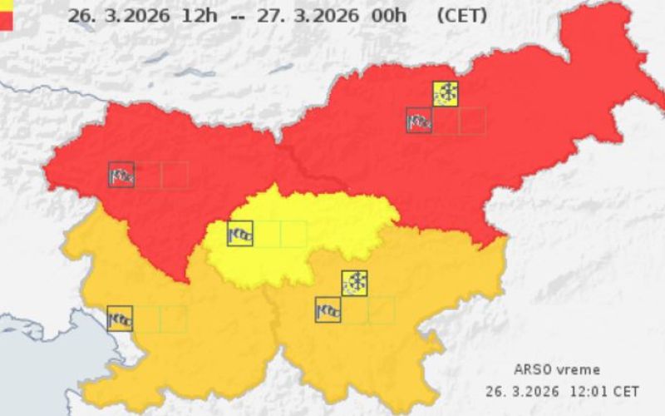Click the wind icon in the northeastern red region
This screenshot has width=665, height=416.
pos(419,121)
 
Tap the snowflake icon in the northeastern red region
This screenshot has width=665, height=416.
pos(446,93)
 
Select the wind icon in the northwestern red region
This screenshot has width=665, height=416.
pos(121,175)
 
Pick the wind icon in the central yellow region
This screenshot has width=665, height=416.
pos(240,234)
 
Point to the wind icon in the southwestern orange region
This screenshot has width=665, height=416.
pos(120,319)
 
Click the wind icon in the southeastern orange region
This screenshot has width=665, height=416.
pos(328,310)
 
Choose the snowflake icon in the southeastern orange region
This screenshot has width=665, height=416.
pos(355,283)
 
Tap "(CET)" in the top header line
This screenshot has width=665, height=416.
pos(461,16)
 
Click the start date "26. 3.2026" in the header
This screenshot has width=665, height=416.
pos(119,16)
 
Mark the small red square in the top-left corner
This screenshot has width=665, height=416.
pos(6,22)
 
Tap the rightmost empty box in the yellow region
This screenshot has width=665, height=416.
pos(293,234)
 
